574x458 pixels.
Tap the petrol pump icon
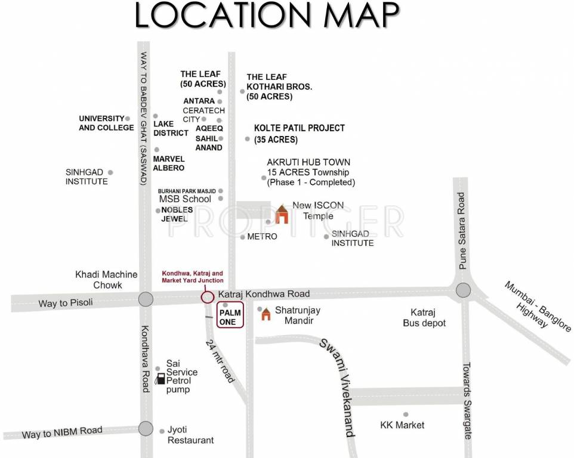[160, 379]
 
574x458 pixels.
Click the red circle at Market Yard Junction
[207, 297]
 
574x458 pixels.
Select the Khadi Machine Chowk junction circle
[145, 299]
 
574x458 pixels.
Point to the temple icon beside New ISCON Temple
[281, 215]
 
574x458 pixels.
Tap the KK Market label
[402, 425]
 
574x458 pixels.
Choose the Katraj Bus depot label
[428, 318]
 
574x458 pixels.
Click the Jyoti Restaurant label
[190, 435]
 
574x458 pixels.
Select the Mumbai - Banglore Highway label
[538, 305]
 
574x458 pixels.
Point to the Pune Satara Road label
[461, 231]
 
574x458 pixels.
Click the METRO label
[263, 237]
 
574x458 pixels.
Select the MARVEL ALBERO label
[169, 164]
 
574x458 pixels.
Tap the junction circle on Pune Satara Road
[464, 290]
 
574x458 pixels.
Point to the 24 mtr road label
[220, 361]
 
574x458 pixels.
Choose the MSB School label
[185, 199]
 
